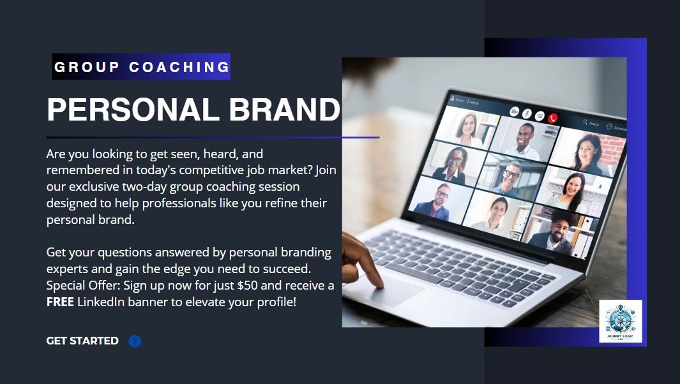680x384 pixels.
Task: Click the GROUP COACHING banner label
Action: coord(141,67)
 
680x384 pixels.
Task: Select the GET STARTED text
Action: coord(82,341)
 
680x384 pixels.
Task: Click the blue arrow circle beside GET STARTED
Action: coord(135,341)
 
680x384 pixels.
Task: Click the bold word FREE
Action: coord(60,302)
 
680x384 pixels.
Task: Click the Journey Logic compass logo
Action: coord(621,321)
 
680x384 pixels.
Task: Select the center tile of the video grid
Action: coord(510,176)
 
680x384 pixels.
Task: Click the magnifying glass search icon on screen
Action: coord(586,122)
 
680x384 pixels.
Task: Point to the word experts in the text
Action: coord(67,269)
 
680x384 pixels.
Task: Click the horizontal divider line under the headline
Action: coord(213,137)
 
